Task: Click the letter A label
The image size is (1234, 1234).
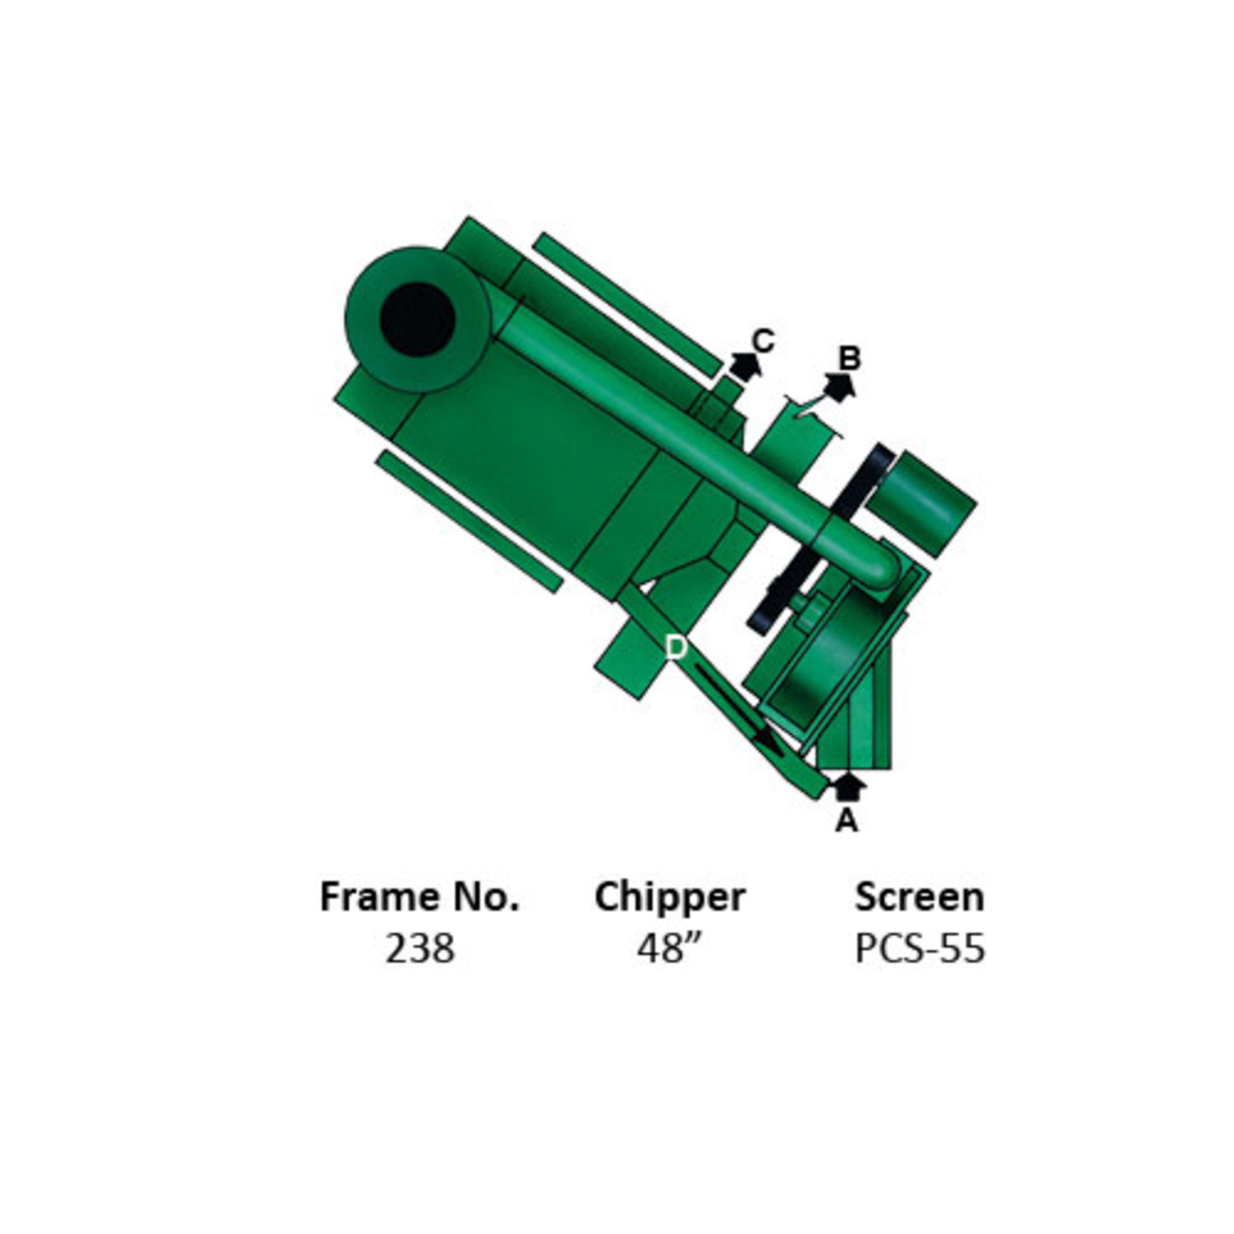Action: click(847, 820)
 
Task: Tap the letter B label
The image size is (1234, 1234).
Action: click(849, 358)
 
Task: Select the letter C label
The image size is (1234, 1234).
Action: click(763, 340)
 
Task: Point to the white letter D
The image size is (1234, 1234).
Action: click(675, 647)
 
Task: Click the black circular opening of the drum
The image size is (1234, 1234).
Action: click(418, 319)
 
